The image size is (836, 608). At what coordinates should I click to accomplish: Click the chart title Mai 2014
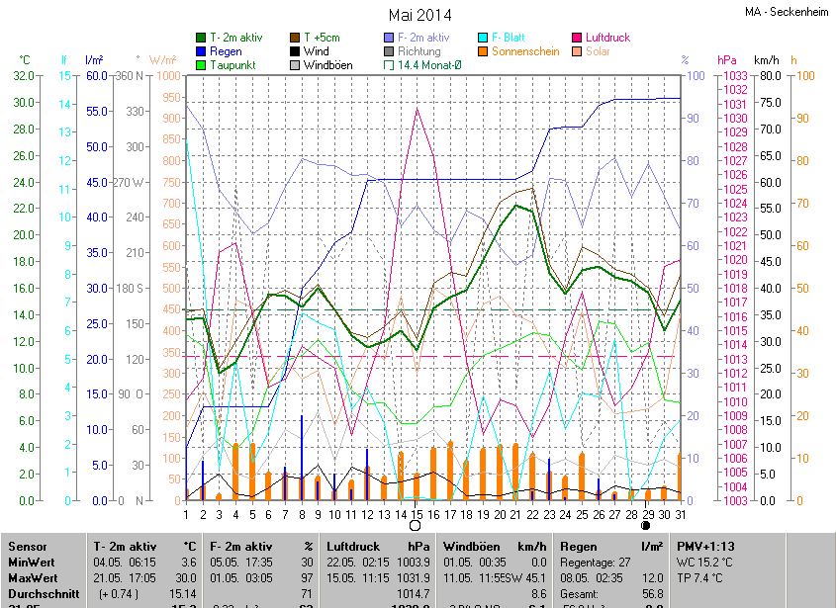point(419,15)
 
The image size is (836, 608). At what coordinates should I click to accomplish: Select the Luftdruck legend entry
point(607,38)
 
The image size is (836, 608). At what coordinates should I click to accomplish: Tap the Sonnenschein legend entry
point(525,51)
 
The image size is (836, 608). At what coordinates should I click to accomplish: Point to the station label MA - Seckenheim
point(787,12)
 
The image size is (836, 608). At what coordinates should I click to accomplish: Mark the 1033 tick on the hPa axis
point(734,76)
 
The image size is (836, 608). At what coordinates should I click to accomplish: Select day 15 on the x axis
point(417,514)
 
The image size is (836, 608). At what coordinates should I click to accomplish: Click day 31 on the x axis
point(680,514)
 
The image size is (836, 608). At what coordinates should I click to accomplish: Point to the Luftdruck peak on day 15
point(417,109)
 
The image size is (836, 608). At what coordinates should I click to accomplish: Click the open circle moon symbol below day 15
point(416,526)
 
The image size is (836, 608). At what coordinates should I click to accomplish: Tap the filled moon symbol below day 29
point(646,526)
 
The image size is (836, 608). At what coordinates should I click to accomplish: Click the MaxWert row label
point(33,576)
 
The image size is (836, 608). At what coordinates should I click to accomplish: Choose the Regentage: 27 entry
point(596,562)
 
